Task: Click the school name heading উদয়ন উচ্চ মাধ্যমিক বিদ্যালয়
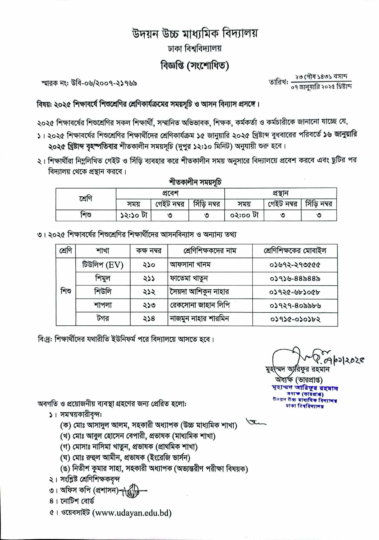tap(195, 34)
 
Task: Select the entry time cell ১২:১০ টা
tap(134, 215)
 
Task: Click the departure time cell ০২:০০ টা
tap(244, 215)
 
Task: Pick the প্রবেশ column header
tap(170, 193)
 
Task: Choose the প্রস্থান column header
tap(280, 193)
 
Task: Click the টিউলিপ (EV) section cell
tap(103, 265)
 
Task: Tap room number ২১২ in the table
tap(149, 292)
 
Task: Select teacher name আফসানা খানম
tap(190, 264)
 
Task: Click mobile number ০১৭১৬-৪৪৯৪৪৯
tap(295, 278)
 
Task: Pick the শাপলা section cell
tap(103, 305)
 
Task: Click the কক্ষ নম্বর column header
tap(149, 250)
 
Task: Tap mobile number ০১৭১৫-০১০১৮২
tap(295, 319)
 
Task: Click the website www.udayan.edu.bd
tap(133, 513)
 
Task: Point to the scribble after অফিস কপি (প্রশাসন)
tap(133, 491)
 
